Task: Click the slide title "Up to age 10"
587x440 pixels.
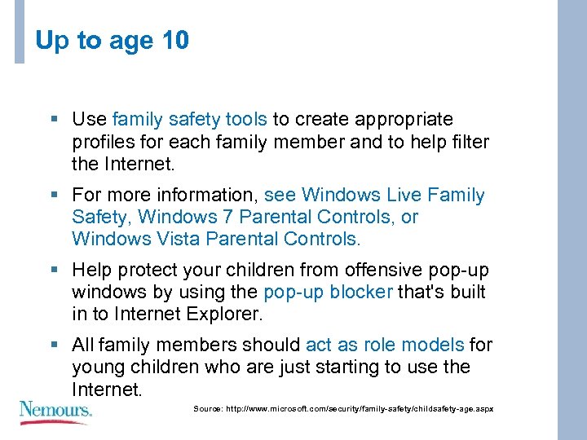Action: [x=113, y=41]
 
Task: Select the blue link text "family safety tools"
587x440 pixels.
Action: [x=189, y=120]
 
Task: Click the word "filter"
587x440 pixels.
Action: [x=468, y=142]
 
